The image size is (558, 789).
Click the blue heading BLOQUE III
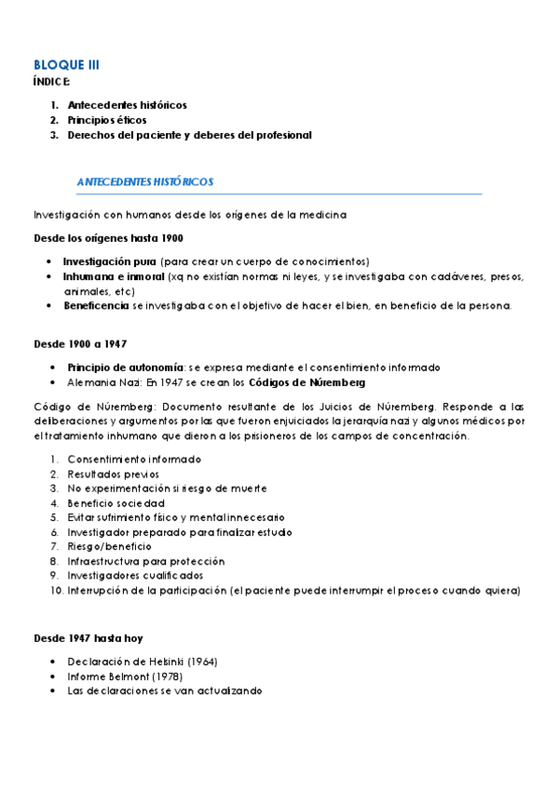(x=66, y=65)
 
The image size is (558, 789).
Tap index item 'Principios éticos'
(x=106, y=120)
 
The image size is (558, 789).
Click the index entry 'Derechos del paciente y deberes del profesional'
(x=189, y=135)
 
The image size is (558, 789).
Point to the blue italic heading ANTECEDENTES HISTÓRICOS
(x=145, y=181)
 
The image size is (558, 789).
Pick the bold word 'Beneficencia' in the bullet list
(x=96, y=306)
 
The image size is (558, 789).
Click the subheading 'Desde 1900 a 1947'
(x=81, y=344)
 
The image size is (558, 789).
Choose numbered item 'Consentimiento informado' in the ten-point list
(x=134, y=460)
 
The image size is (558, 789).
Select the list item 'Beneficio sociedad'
(x=116, y=503)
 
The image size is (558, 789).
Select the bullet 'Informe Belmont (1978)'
(x=125, y=676)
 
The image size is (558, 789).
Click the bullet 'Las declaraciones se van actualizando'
(x=165, y=691)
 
